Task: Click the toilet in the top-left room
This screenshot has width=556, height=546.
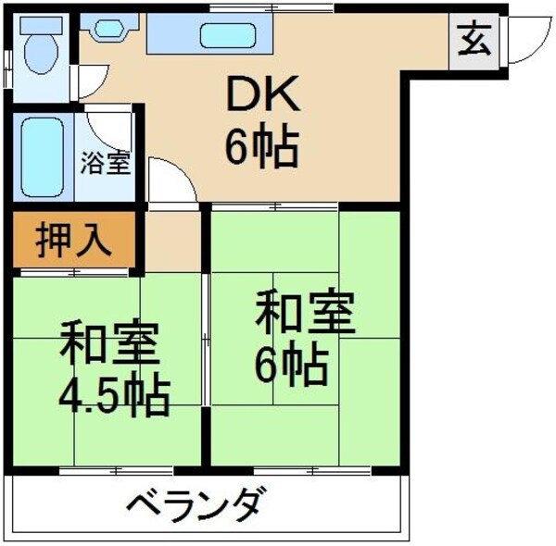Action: coord(41,47)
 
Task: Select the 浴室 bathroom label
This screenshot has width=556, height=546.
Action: coord(105,163)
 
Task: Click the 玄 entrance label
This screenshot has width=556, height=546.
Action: coord(474,42)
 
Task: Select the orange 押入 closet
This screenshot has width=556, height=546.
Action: coord(74,241)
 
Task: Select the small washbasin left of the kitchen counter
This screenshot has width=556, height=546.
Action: coord(109,29)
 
